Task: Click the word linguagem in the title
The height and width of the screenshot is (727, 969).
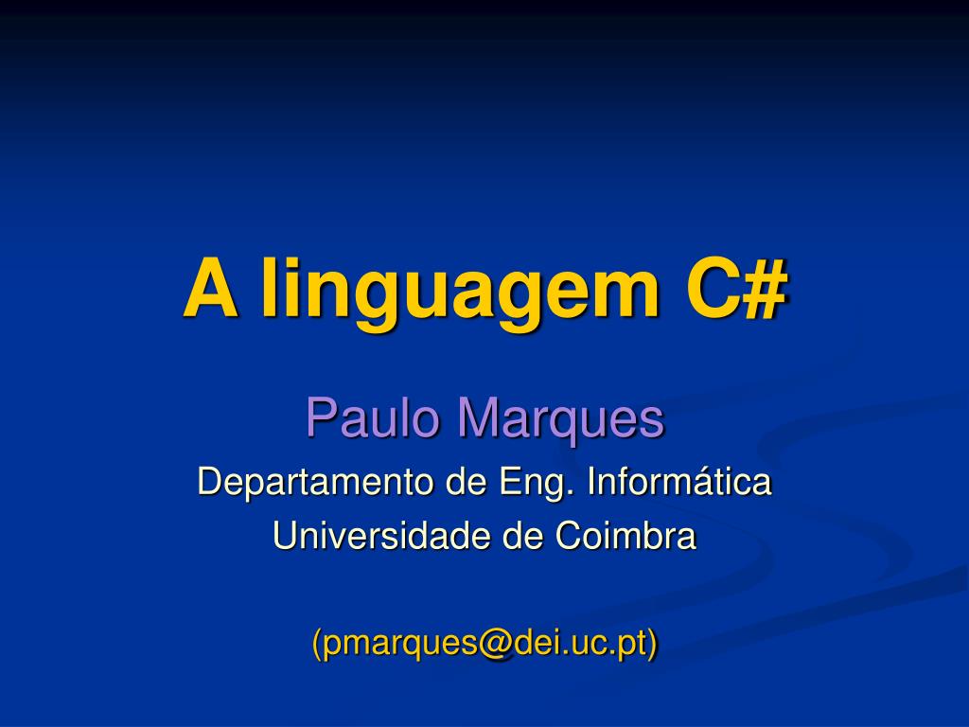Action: (461, 292)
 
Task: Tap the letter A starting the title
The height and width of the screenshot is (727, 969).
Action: (211, 287)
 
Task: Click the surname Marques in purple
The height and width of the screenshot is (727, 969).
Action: (560, 420)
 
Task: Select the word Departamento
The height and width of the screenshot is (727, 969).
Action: (315, 482)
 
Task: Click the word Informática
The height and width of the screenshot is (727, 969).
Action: (679, 481)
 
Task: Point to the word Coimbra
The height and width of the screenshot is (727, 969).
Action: (625, 536)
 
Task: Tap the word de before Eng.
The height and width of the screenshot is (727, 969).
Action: (466, 482)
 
